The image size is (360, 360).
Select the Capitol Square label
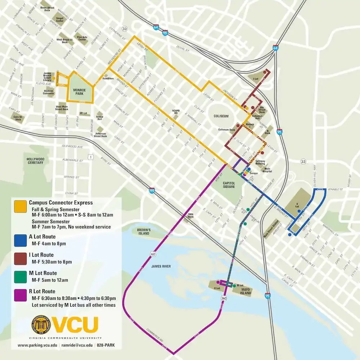229,184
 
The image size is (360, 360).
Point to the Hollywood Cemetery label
35,161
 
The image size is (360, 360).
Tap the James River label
161,266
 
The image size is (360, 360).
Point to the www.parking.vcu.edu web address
37,345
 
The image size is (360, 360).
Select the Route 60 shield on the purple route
154,254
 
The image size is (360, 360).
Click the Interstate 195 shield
152,191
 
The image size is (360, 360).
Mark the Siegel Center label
60,19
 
